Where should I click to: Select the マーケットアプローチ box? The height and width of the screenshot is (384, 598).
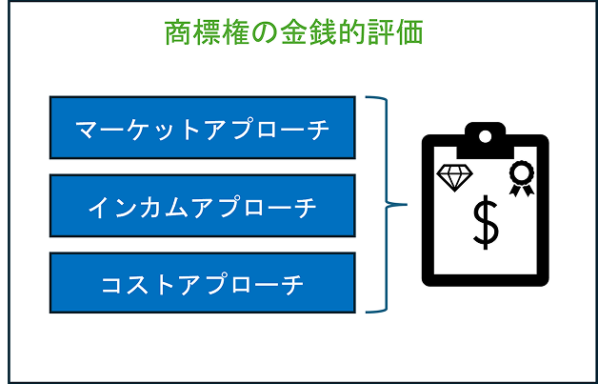tap(202, 127)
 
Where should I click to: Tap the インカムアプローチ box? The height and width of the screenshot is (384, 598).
tap(202, 205)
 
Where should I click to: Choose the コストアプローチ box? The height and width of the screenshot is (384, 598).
tap(202, 283)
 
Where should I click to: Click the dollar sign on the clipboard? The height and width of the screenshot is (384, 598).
tap(486, 221)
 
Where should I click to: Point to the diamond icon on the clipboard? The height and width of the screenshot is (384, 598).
tap(454, 176)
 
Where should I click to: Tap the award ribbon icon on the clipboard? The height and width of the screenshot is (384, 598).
tap(521, 177)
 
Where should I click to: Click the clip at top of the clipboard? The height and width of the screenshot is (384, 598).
tap(486, 140)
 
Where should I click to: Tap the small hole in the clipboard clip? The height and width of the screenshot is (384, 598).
tap(486, 135)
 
